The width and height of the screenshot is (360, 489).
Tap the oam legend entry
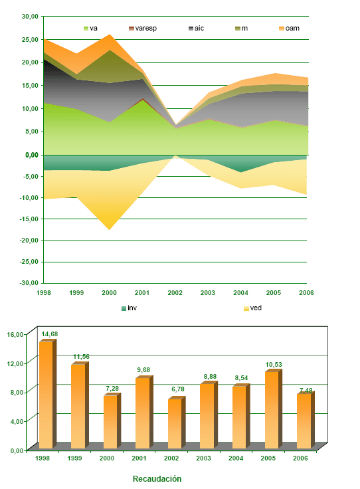[292, 29]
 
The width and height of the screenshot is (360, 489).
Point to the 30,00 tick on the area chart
[29, 17]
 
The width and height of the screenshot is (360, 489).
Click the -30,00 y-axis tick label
[28, 282]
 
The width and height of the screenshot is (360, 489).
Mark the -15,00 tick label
[28, 219]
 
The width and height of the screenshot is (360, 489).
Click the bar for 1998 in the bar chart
[45, 395]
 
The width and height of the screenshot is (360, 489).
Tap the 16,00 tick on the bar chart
[15, 334]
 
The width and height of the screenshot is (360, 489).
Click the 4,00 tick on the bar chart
[17, 421]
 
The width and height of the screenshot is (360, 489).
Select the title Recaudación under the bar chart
[157, 478]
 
